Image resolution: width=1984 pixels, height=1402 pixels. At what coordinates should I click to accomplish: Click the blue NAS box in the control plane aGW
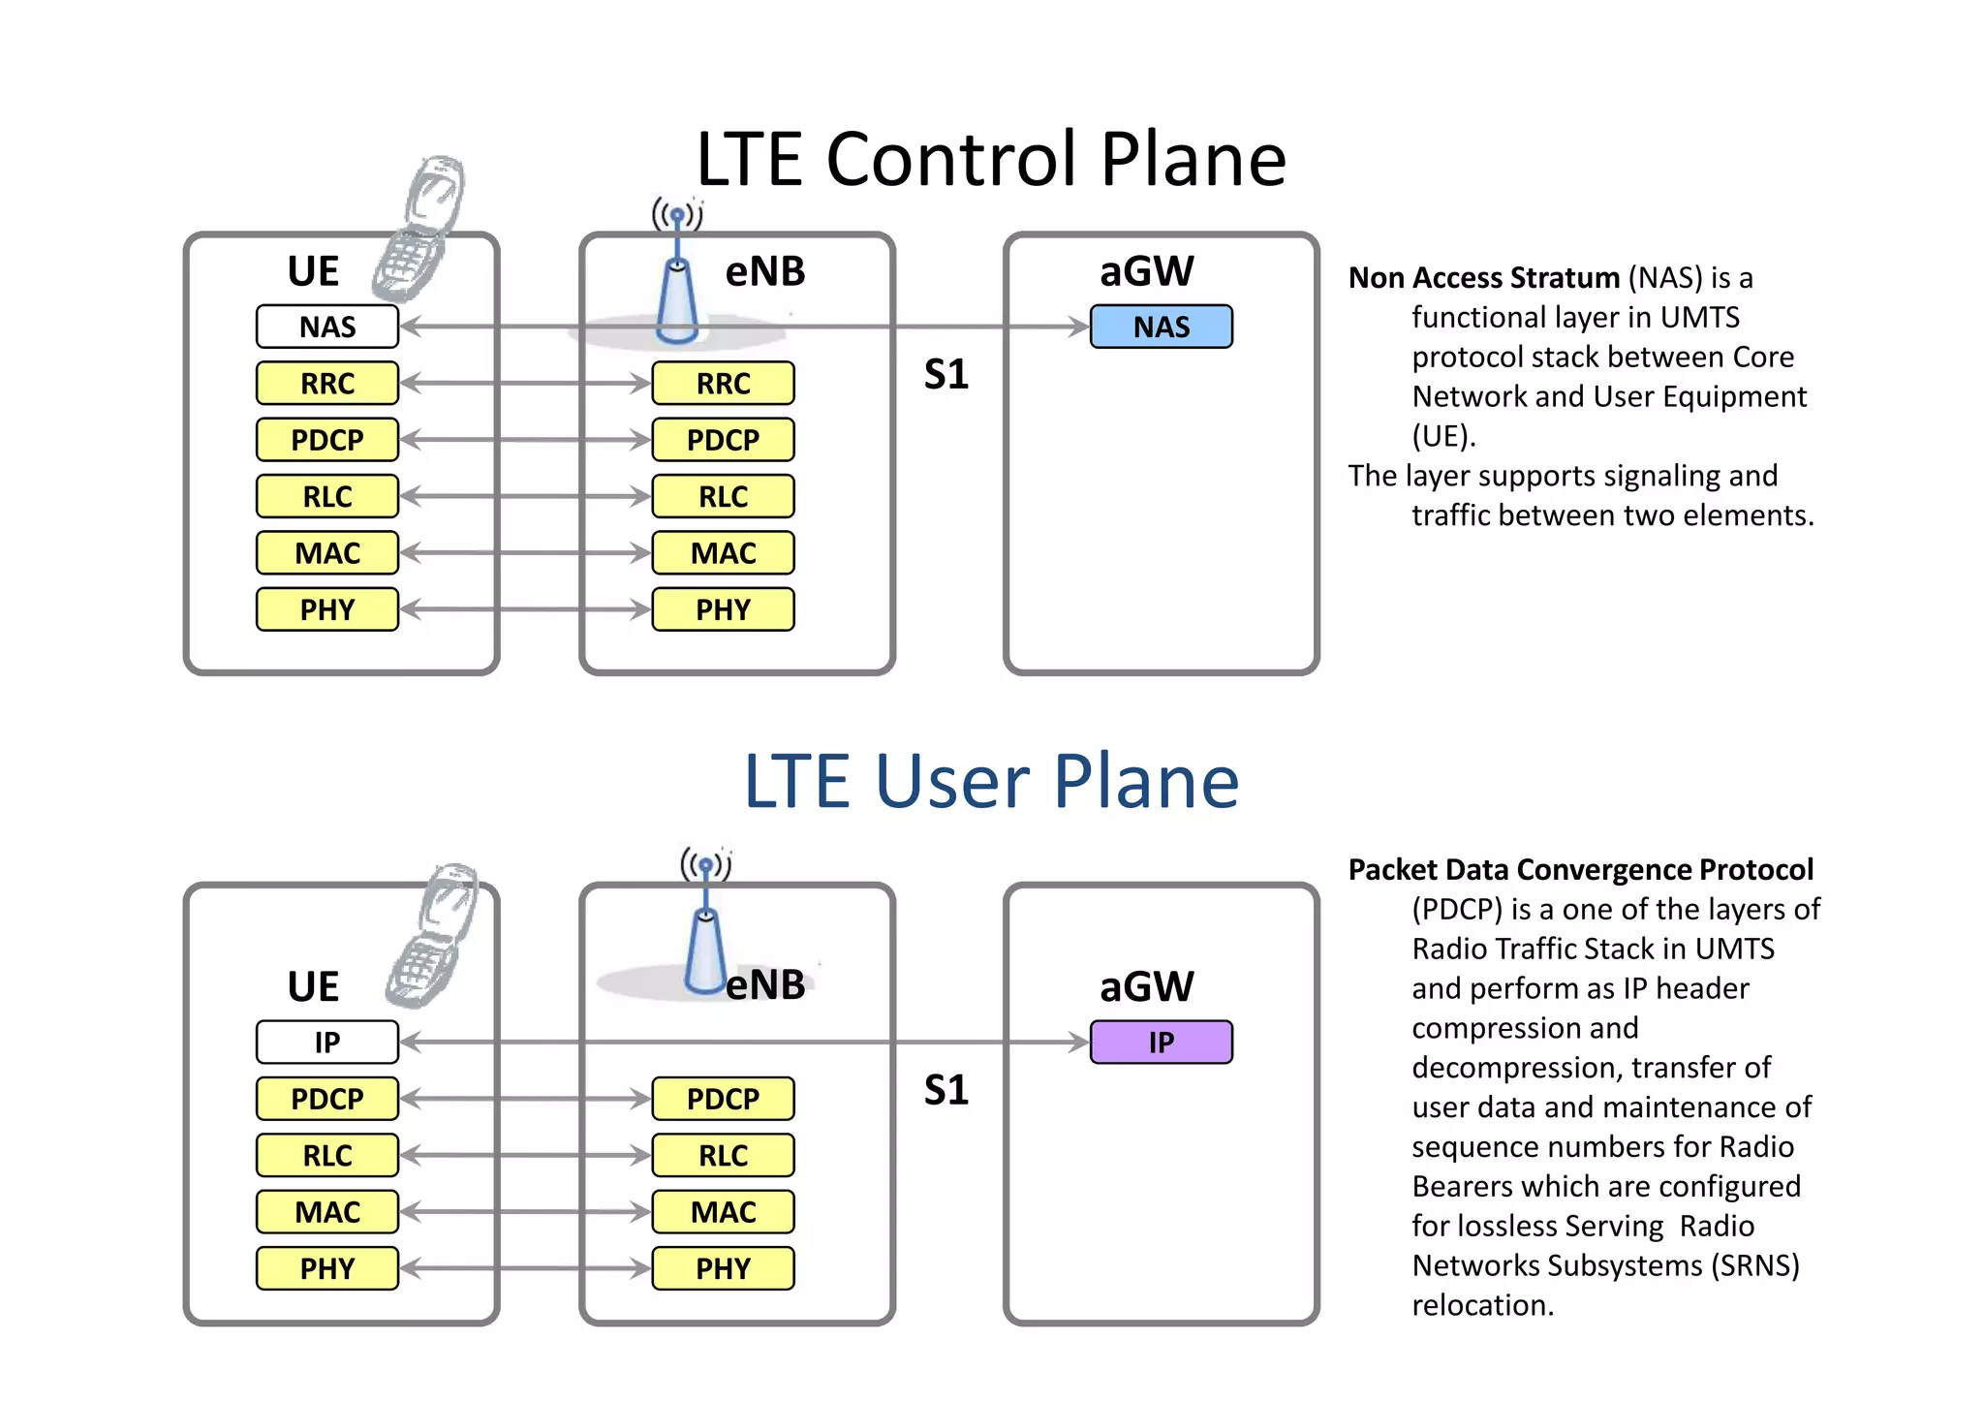click(x=1161, y=327)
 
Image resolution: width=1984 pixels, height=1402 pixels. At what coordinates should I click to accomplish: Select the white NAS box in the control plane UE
click(x=327, y=327)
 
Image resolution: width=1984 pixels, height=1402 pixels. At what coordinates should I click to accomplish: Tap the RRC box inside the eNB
click(x=723, y=383)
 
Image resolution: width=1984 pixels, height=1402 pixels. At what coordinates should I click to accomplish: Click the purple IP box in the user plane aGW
click(x=1161, y=1043)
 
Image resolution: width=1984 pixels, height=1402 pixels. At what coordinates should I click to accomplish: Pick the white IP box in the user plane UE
click(x=327, y=1043)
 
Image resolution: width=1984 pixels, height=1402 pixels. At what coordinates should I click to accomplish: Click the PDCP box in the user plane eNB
click(x=723, y=1099)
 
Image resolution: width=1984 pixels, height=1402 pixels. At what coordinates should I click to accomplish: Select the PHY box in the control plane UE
click(x=327, y=609)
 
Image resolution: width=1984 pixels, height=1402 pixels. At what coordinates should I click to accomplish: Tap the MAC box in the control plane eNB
click(x=723, y=553)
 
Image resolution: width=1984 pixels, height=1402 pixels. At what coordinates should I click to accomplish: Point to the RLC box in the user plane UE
click(x=327, y=1155)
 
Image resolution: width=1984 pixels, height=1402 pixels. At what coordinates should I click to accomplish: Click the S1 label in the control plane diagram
click(x=945, y=375)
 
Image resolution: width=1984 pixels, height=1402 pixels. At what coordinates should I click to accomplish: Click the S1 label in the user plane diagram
click(x=945, y=1091)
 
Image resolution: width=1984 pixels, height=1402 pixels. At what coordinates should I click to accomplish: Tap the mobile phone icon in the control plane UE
click(x=418, y=230)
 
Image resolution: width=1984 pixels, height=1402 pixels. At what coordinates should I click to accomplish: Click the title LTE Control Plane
click(x=990, y=159)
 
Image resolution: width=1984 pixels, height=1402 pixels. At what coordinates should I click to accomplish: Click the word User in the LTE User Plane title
click(x=951, y=781)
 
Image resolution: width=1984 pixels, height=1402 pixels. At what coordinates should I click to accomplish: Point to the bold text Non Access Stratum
click(x=1483, y=278)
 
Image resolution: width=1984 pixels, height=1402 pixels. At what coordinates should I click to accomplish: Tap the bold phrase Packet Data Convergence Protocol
click(x=1580, y=869)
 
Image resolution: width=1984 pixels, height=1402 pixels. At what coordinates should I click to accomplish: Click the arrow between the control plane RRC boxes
click(x=525, y=383)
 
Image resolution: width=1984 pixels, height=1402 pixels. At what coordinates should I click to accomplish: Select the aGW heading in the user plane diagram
click(x=1146, y=986)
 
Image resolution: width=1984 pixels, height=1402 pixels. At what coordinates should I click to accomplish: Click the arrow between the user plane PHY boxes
click(x=525, y=1268)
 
